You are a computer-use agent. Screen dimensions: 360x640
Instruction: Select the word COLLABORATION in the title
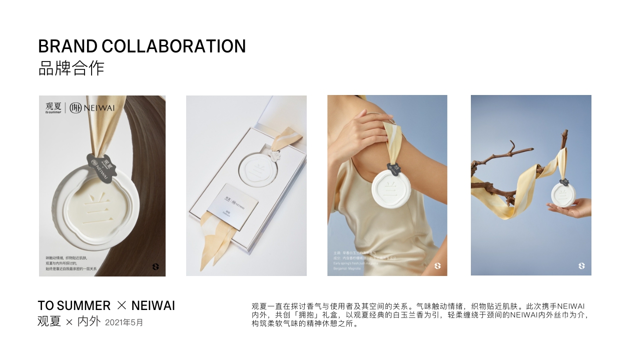(x=174, y=46)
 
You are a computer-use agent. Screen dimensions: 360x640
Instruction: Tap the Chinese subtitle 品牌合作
(x=71, y=68)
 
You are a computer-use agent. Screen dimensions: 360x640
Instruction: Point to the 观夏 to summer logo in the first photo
(x=53, y=108)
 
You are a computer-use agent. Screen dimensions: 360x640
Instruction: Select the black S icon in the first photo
(x=156, y=267)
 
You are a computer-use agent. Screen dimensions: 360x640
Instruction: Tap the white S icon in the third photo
(x=438, y=266)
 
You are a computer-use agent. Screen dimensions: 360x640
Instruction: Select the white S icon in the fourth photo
(x=581, y=266)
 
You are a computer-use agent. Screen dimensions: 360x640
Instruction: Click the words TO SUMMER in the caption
(x=74, y=305)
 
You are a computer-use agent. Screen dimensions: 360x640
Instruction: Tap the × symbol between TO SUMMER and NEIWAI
(x=122, y=305)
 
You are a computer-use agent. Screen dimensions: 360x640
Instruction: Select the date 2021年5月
(x=124, y=322)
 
